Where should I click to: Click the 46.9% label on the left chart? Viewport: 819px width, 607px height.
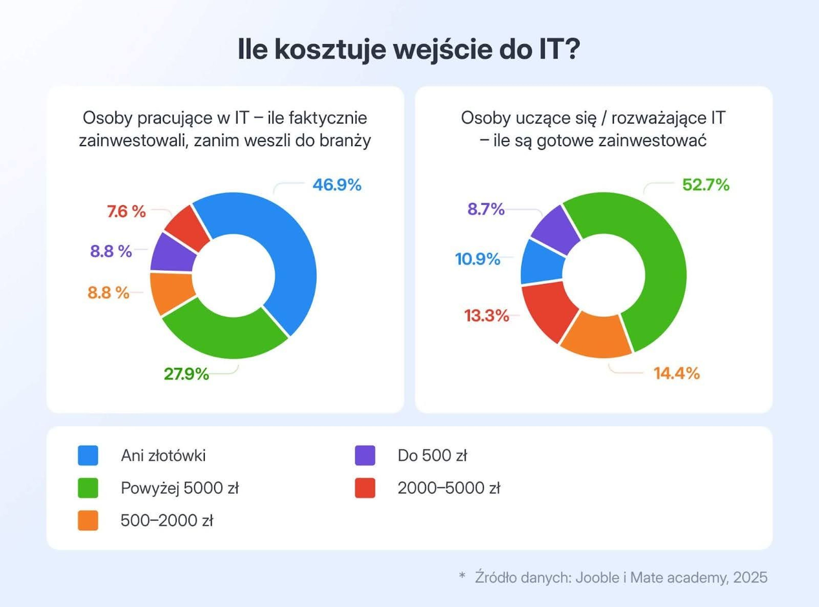click(337, 185)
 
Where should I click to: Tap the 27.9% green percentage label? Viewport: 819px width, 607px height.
click(186, 374)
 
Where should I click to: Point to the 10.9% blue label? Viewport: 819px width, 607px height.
click(477, 259)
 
